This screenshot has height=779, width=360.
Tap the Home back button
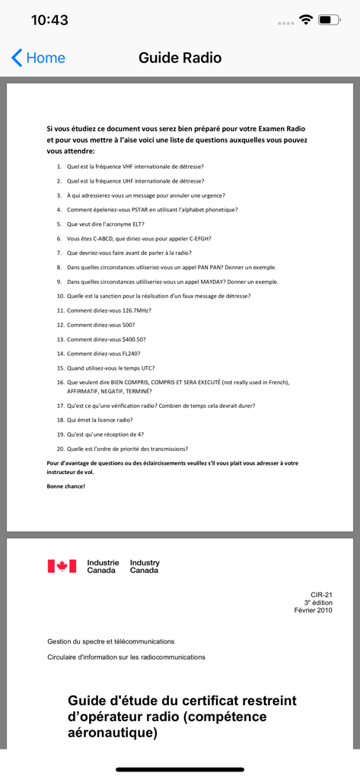38,58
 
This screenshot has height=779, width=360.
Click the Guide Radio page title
180,58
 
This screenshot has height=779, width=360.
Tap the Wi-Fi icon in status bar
307,21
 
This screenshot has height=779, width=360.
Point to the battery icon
329,21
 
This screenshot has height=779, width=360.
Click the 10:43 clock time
49,21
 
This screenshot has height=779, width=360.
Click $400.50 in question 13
132,339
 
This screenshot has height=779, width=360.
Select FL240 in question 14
130,354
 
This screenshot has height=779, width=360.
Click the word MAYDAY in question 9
211,281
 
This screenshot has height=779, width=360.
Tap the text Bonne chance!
66,486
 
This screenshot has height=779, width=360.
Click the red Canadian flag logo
62,566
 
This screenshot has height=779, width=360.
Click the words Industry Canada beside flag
145,566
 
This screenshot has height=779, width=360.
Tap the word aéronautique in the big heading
113,733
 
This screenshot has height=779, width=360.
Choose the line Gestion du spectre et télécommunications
111,641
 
